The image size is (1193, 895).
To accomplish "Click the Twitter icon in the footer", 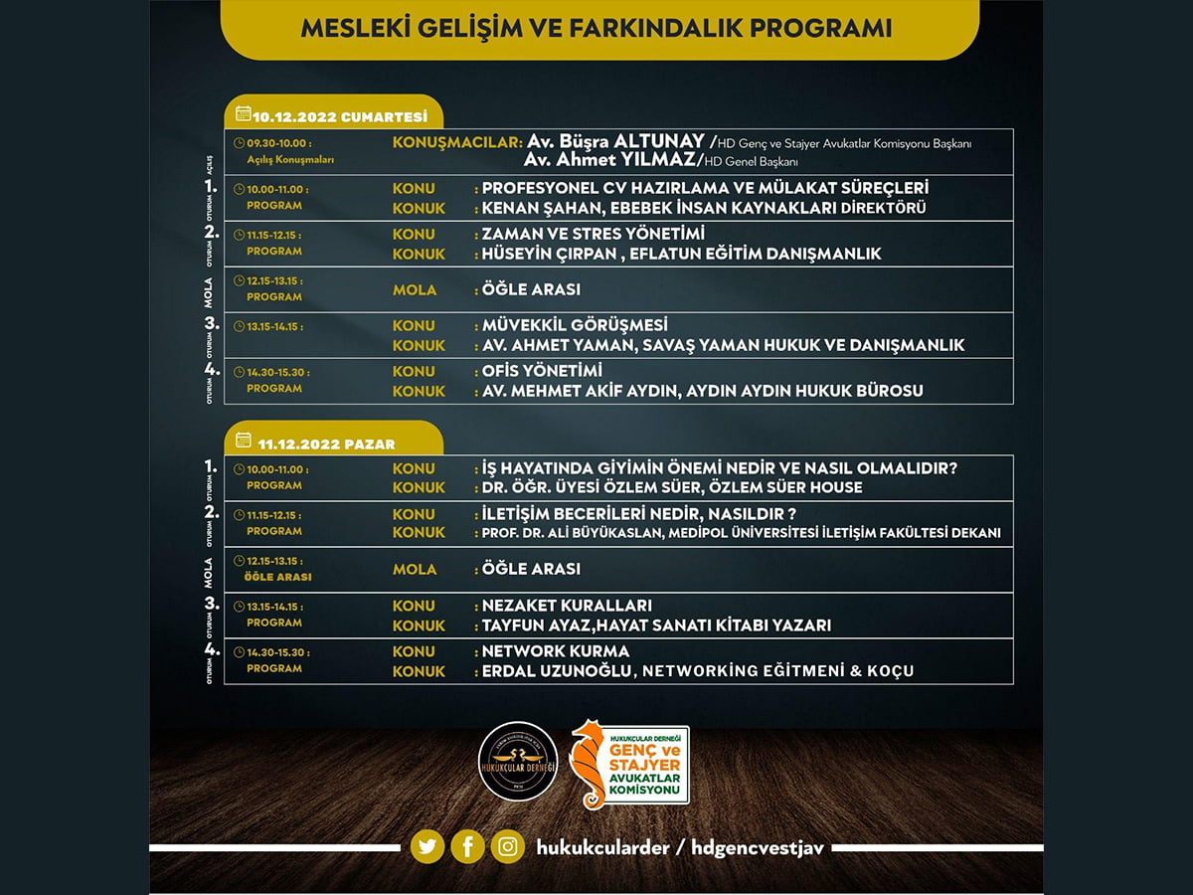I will tap(427, 847).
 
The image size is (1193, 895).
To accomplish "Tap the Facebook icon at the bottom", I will tap(467, 847).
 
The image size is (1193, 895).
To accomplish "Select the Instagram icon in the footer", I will tap(508, 847).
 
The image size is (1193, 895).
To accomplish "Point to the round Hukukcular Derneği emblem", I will tap(518, 762).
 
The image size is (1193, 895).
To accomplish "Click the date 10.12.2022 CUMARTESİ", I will tap(339, 116).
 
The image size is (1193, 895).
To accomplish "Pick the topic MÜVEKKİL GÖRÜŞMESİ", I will tap(575, 325).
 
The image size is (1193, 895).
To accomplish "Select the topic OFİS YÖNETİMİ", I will tap(542, 371).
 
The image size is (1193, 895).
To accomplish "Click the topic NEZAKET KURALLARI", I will tap(567, 606).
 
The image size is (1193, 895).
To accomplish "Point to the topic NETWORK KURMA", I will tap(555, 651).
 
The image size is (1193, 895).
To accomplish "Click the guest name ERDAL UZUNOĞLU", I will tap(557, 671).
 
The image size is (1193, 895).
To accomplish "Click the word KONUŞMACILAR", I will tap(457, 141).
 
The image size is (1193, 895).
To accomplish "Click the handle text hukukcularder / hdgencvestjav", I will tap(681, 847).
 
